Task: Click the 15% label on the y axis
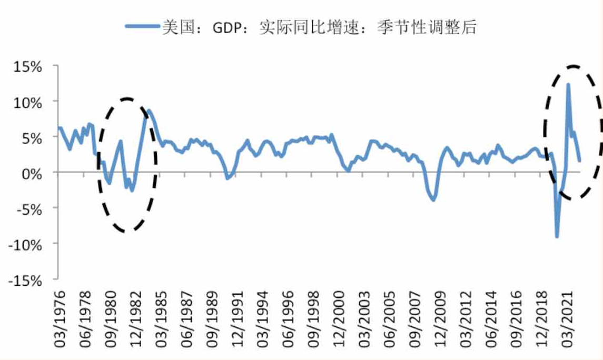(27, 67)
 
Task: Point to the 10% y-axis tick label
(27, 102)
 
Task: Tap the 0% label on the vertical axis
(32, 173)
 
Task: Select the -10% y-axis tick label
(25, 244)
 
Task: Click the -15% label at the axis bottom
(25, 280)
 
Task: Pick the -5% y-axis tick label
(28, 208)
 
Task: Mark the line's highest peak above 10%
(568, 84)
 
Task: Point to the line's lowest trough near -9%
(557, 237)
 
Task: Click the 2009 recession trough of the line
(433, 200)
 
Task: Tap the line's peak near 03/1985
(149, 111)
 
